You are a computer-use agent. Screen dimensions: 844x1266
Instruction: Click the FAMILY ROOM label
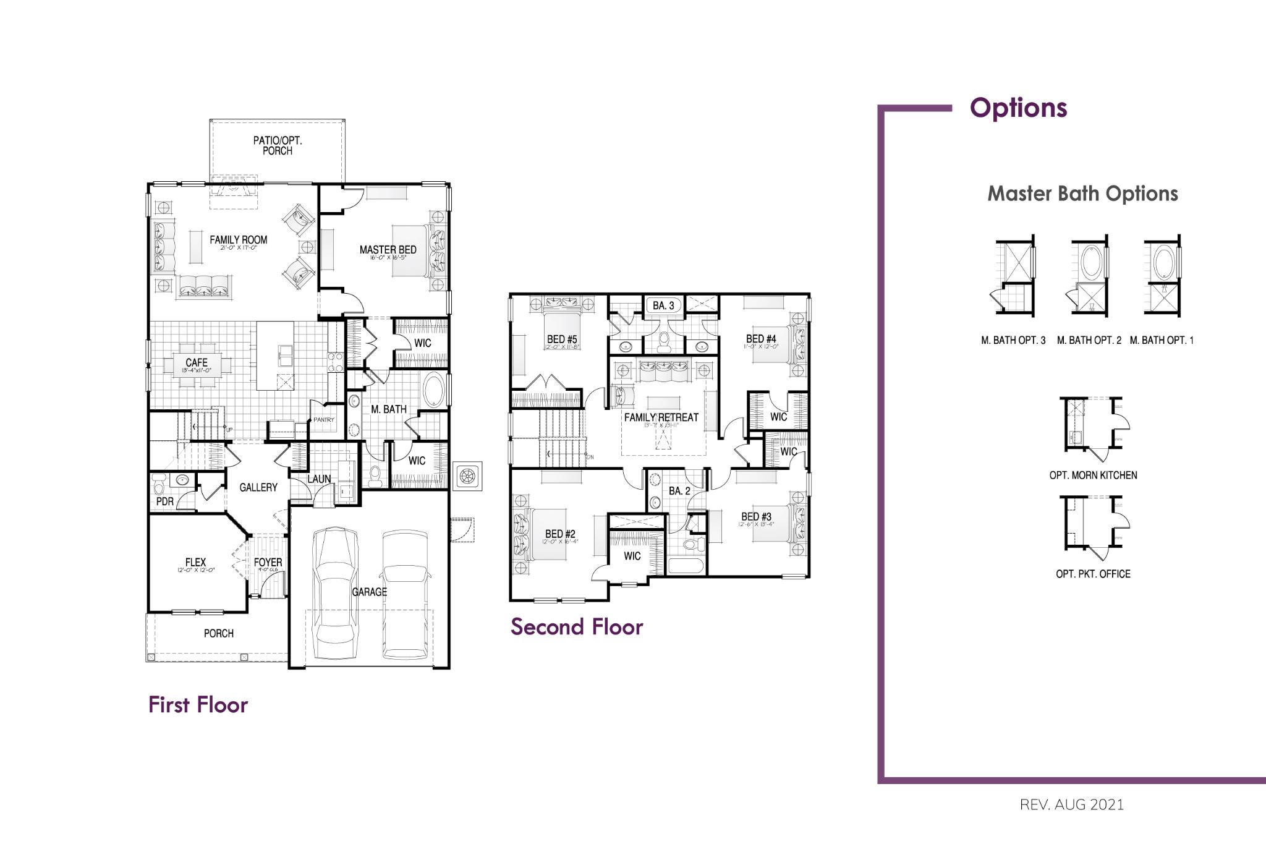tap(238, 240)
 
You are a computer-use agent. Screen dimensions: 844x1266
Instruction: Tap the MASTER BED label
tap(388, 250)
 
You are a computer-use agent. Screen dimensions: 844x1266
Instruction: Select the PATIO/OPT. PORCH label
tap(278, 145)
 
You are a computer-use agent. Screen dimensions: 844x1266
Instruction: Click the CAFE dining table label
tap(197, 363)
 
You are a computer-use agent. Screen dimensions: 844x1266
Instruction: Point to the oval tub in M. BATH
tap(434, 390)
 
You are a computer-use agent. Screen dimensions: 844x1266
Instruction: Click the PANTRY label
tap(323, 420)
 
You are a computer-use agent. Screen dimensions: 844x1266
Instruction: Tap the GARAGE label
tap(369, 592)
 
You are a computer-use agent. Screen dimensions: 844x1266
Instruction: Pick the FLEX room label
tap(195, 562)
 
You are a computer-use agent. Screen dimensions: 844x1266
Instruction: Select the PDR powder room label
tap(164, 501)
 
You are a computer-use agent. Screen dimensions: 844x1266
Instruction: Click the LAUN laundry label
tap(319, 479)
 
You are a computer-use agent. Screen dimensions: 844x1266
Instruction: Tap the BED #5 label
tap(561, 339)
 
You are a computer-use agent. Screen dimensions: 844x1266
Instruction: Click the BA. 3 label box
tap(663, 305)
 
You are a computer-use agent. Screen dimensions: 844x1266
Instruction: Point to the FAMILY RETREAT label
tap(661, 417)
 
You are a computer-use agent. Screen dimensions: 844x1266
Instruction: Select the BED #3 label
tap(756, 516)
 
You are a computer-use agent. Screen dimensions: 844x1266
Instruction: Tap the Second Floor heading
tap(576, 626)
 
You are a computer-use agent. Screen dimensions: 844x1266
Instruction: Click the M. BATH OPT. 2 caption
tap(1089, 340)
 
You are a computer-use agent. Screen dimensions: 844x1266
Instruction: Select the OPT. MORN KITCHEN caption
tap(1093, 475)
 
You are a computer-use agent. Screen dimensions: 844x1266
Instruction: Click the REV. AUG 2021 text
tap(1071, 804)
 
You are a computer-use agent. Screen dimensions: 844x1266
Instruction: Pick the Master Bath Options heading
tap(1082, 194)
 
